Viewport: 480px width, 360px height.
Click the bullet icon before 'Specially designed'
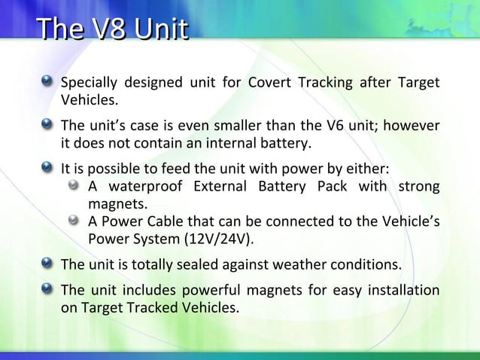(x=48, y=81)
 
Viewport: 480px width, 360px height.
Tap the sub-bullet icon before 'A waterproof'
(x=74, y=185)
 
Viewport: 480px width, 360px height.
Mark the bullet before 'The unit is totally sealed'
(x=48, y=264)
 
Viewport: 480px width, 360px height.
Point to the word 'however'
(x=413, y=124)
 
